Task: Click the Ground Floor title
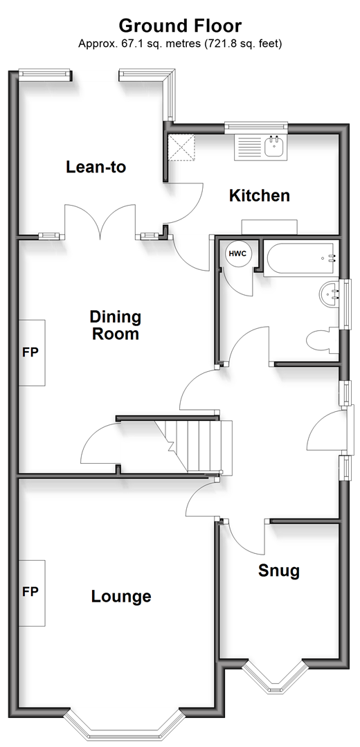180,25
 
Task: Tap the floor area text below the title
180,44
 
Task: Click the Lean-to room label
96,168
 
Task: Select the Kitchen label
260,195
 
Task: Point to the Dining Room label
115,325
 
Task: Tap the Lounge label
121,597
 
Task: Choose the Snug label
279,570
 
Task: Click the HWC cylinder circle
237,253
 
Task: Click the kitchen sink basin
274,146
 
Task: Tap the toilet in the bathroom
323,341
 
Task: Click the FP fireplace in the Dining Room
32,352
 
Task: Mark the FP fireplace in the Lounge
32,593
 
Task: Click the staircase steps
200,446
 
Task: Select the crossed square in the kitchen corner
181,147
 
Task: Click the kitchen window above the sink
257,126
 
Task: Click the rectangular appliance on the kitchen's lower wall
269,227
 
